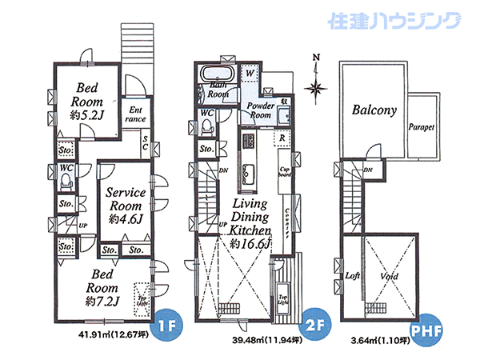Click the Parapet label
click(421, 126)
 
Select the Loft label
click(352, 275)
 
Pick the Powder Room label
click(261, 110)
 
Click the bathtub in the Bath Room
click(217, 73)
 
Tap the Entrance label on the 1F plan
click(136, 114)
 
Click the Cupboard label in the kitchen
click(284, 172)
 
